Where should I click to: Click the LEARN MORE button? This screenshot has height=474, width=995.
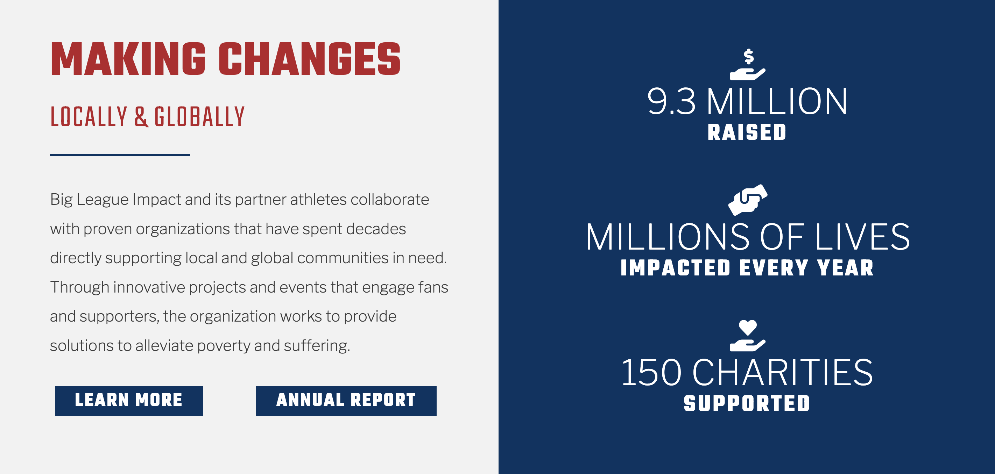[x=129, y=401]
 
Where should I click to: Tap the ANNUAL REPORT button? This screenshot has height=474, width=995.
[x=346, y=401]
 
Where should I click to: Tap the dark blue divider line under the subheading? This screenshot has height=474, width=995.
[x=120, y=155]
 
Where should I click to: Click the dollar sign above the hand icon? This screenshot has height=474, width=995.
[x=749, y=57]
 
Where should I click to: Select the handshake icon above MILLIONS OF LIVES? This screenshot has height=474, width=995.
[x=748, y=200]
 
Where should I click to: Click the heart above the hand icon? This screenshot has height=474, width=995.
[x=748, y=328]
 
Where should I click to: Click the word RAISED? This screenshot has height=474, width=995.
[x=747, y=132]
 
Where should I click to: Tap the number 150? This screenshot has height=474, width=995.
[x=652, y=373]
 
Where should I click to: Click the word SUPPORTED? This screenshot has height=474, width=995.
[x=747, y=403]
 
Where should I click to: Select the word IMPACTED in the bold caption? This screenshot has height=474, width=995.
[x=675, y=268]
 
